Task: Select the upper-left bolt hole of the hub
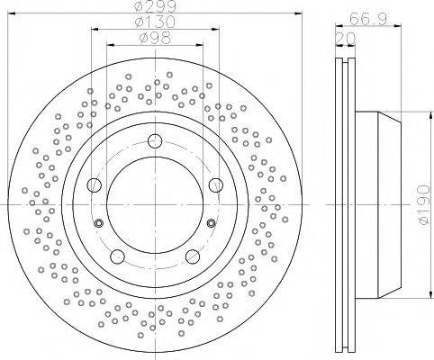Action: click(x=95, y=184)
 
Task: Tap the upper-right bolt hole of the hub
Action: click(x=213, y=184)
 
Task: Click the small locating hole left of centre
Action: click(x=99, y=222)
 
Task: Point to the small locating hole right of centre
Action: click(x=210, y=222)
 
